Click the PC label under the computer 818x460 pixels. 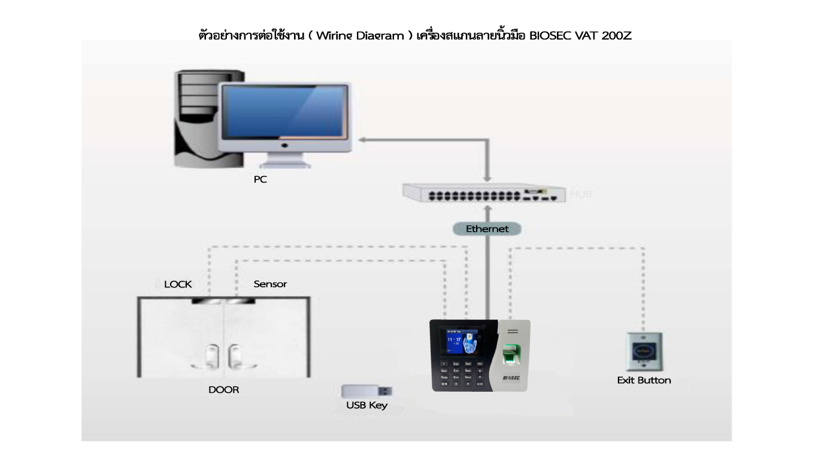click(x=260, y=179)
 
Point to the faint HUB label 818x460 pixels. click(x=580, y=194)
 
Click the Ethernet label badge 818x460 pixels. click(x=487, y=229)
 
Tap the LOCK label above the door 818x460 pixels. click(x=178, y=284)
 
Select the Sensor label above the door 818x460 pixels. click(x=270, y=284)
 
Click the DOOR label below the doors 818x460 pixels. click(x=223, y=390)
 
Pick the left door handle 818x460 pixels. click(x=212, y=356)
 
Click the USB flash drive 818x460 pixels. click(x=366, y=392)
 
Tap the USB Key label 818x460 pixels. click(x=366, y=405)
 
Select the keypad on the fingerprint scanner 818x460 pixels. click(x=461, y=373)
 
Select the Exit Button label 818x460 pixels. click(x=644, y=380)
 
